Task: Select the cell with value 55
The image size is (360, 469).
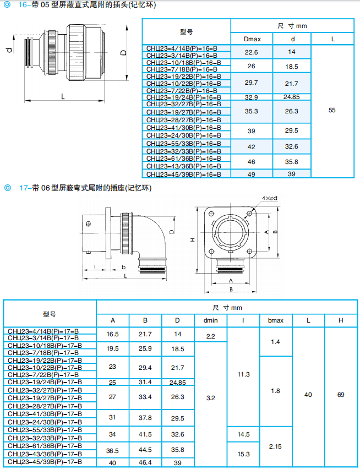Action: point(331,110)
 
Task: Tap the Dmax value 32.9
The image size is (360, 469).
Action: point(251,97)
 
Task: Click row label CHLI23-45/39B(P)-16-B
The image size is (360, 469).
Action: point(184,174)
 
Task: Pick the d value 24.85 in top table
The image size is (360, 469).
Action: point(291,97)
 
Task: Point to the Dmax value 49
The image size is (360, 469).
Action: point(251,174)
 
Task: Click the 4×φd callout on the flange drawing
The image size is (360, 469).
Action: point(269,197)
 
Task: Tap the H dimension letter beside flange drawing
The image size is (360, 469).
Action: point(192,240)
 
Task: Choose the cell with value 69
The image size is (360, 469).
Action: point(341,395)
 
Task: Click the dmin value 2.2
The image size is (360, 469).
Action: point(210,336)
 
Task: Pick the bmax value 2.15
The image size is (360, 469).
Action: point(275,446)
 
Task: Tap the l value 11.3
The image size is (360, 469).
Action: point(243,374)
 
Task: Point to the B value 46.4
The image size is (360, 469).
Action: point(145,462)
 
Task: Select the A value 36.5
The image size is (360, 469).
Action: point(113,450)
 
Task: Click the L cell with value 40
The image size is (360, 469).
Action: point(308,395)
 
